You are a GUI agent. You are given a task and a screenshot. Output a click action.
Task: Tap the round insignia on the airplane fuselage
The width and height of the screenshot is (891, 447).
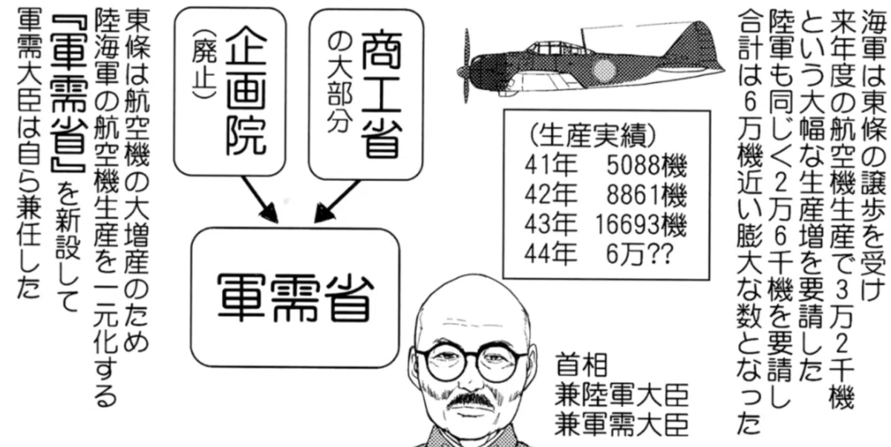click(604, 70)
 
